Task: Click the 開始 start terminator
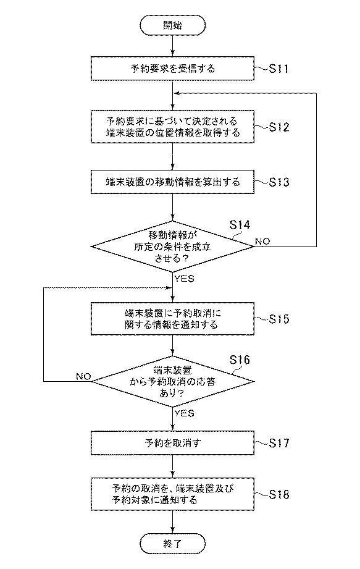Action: pos(172,25)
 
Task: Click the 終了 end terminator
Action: pos(172,544)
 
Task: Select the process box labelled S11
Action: pos(172,68)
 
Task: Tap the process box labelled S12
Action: pos(172,127)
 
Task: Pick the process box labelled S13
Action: pos(172,182)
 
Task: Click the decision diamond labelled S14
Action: pos(172,247)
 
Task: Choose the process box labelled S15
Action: pos(172,319)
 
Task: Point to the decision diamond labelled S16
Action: pos(172,381)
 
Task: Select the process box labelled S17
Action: pos(172,443)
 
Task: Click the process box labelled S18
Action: pos(172,494)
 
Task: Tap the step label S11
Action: pos(278,69)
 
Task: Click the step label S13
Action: pos(278,182)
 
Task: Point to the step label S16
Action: pos(240,360)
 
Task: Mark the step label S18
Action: pos(278,495)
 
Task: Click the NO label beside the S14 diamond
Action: pos(262,242)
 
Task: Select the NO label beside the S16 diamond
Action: pos(83,376)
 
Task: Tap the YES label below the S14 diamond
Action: pos(184,279)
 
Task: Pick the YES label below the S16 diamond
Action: pos(184,413)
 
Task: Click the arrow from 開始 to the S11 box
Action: pos(172,46)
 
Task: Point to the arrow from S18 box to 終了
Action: pos(172,522)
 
